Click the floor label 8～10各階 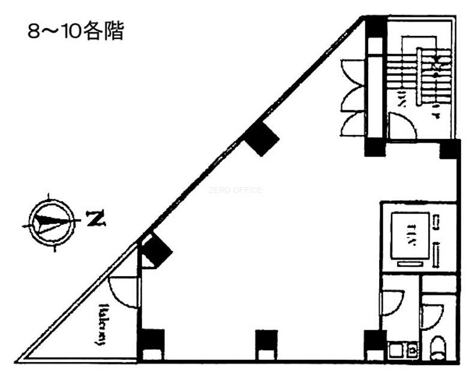click(76, 31)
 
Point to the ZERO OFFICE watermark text click(235, 191)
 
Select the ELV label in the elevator click(412, 233)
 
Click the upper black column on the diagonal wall click(261, 138)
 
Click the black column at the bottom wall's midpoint click(266, 341)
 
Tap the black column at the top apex click(377, 27)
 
